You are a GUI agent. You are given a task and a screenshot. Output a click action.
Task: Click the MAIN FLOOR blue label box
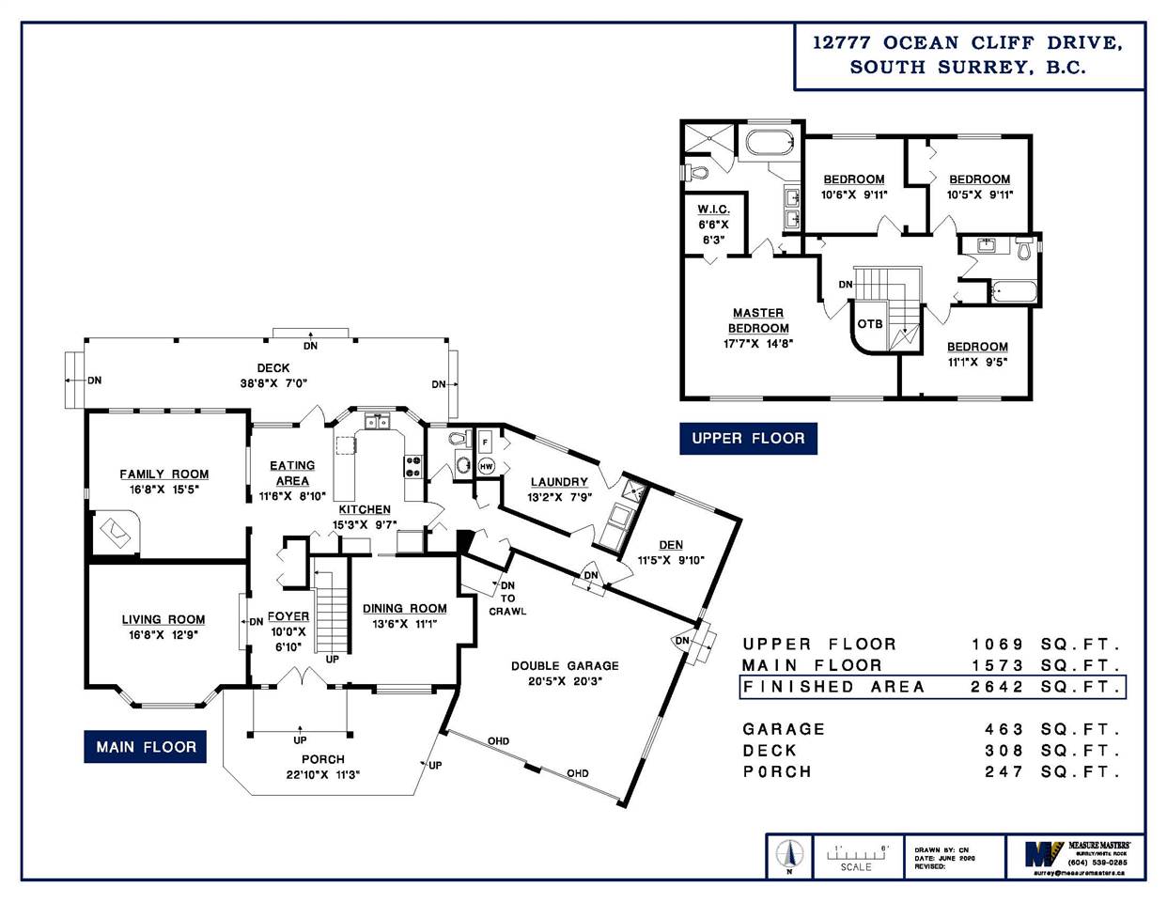(x=146, y=747)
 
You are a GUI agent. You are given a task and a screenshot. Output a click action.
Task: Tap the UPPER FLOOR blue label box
(x=748, y=438)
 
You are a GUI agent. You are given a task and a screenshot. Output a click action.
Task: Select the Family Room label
(x=164, y=474)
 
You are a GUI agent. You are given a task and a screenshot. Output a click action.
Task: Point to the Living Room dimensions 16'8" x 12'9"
(x=163, y=634)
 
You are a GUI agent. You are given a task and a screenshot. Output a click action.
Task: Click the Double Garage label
(x=565, y=666)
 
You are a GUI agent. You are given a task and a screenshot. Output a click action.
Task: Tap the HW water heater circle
(x=486, y=466)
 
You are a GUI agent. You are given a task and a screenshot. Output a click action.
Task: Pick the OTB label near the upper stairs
(x=870, y=324)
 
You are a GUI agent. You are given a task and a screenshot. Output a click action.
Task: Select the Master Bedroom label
(x=758, y=320)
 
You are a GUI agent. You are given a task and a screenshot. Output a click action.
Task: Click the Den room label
(x=671, y=545)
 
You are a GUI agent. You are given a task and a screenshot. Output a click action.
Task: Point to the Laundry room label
(x=559, y=482)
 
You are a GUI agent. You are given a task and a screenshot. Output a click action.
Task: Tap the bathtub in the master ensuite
(x=770, y=144)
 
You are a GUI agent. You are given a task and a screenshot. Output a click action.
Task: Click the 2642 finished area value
(x=997, y=687)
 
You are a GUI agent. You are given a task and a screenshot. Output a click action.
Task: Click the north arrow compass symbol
(x=789, y=854)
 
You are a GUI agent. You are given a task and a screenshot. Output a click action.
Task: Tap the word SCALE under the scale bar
(x=855, y=867)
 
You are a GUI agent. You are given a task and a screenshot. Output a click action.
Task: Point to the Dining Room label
(x=405, y=609)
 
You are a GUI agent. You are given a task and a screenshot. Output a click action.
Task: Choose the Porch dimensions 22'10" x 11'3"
(x=323, y=774)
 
